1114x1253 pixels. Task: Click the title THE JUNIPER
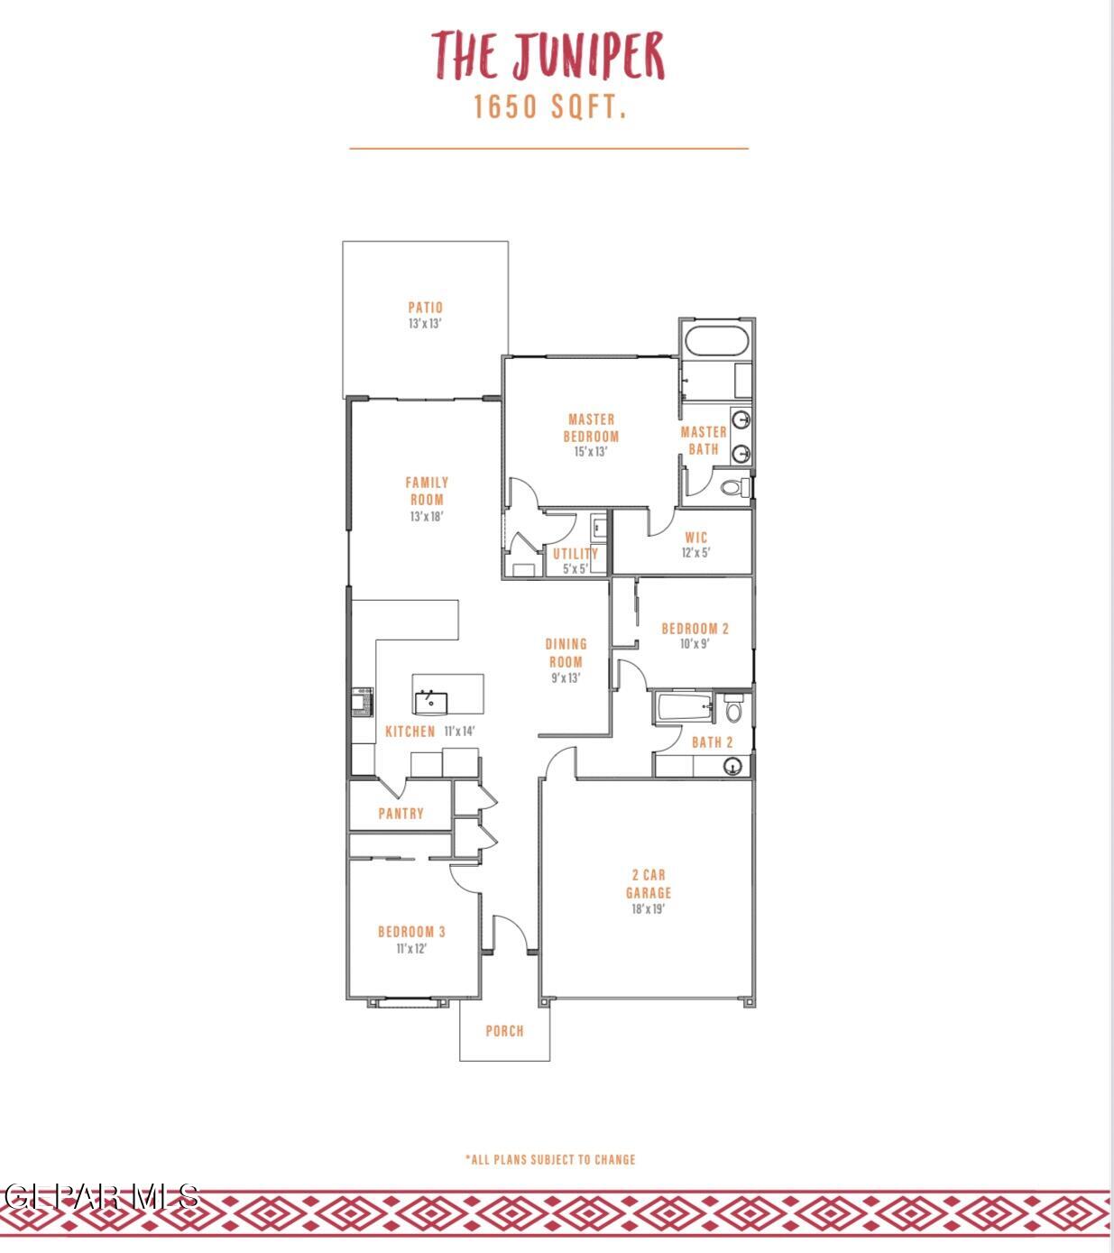548,56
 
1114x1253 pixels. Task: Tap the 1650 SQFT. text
549,107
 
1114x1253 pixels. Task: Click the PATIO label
425,308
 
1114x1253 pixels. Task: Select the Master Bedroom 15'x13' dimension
591,452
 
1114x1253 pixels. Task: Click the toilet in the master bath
735,488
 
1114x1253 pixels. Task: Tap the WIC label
695,538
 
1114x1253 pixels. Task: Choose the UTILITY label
575,554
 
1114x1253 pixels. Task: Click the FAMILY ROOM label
427,491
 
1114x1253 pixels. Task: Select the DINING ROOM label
566,652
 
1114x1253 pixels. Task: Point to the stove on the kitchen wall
361,702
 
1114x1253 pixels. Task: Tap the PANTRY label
400,814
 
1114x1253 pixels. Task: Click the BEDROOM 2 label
695,629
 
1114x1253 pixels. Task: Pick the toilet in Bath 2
732,710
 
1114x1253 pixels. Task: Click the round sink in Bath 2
733,767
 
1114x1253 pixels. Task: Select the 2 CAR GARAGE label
649,884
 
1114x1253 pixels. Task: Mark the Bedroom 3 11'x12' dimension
410,949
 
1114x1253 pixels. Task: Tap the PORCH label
504,1031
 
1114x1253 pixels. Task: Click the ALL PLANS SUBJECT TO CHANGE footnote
550,1159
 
